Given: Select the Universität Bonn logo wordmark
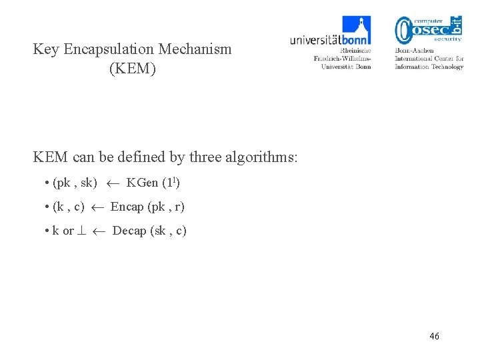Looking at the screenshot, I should pyautogui.click(x=330, y=40).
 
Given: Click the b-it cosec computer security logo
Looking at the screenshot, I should pyautogui.click(x=429, y=29).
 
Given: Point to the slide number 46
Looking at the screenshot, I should pyautogui.click(x=435, y=336).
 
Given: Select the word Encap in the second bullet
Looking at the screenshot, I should pyautogui.click(x=127, y=207).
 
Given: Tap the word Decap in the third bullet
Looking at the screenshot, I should pyautogui.click(x=129, y=231).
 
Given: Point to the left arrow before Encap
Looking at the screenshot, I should pyautogui.click(x=97, y=207).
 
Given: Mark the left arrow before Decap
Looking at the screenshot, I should pyautogui.click(x=99, y=231).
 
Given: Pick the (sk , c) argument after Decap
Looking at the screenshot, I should pyautogui.click(x=169, y=231).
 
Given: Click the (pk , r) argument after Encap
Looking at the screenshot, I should pyautogui.click(x=166, y=207).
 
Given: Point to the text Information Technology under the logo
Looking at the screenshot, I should pyautogui.click(x=429, y=67).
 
